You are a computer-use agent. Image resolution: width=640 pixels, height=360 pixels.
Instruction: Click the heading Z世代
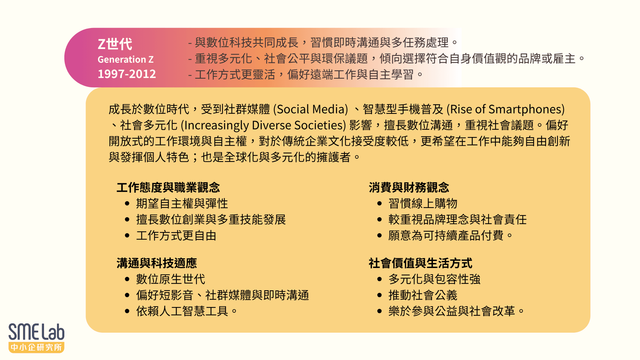pyautogui.click(x=115, y=44)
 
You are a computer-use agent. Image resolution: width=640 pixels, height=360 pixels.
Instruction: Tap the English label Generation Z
pyautogui.click(x=125, y=59)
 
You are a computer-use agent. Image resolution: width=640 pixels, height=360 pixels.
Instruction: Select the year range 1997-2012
pyautogui.click(x=127, y=74)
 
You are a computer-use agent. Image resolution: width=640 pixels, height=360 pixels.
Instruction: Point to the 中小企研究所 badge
pyautogui.click(x=36, y=347)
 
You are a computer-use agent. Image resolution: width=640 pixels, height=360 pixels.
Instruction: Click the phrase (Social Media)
pyautogui.click(x=310, y=109)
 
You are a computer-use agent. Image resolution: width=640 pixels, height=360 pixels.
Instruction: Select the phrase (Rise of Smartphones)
pyautogui.click(x=505, y=109)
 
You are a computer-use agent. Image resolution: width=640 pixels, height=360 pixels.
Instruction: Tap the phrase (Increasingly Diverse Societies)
pyautogui.click(x=263, y=125)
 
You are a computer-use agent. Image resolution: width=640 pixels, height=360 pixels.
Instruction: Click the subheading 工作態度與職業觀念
pyautogui.click(x=168, y=187)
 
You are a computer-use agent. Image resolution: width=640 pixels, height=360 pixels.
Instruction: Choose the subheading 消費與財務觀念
pyautogui.click(x=409, y=187)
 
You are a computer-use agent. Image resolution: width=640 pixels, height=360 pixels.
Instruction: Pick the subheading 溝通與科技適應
pyautogui.click(x=157, y=263)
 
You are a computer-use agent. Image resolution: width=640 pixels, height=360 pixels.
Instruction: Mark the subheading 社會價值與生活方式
pyautogui.click(x=420, y=263)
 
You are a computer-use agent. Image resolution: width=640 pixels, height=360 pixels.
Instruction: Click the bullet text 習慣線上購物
pyautogui.click(x=423, y=203)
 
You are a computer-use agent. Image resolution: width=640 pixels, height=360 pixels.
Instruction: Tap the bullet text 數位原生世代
pyautogui.click(x=171, y=279)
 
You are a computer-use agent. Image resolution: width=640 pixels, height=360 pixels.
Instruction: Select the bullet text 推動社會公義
pyautogui.click(x=423, y=295)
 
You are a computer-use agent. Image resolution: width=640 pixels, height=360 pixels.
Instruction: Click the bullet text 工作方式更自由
pyautogui.click(x=176, y=236)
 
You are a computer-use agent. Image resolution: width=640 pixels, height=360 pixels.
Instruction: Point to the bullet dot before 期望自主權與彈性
pyautogui.click(x=127, y=203)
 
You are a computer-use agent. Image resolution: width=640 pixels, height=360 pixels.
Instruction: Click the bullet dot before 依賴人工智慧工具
pyautogui.click(x=127, y=311)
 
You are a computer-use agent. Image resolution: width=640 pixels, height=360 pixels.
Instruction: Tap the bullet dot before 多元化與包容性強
pyautogui.click(x=379, y=279)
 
